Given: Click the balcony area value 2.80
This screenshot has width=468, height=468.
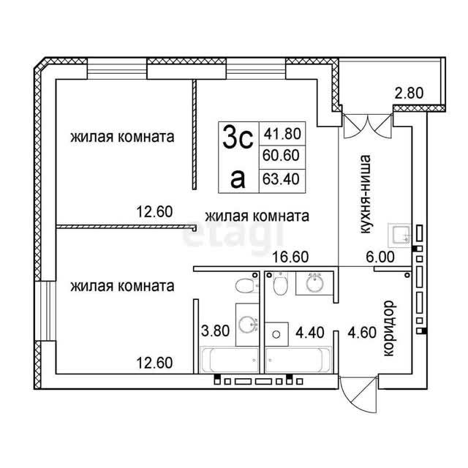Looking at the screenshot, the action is (409, 93).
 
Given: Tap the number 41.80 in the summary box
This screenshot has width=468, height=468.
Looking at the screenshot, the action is (282, 133).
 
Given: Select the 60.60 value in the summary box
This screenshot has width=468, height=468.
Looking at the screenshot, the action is (281, 155).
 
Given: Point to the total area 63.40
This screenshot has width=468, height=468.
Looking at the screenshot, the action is (281, 179).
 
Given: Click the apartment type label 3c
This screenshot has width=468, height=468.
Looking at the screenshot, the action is (238, 137).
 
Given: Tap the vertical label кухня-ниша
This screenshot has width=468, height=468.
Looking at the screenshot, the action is (366, 194).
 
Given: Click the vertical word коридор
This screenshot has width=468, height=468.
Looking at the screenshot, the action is (389, 328).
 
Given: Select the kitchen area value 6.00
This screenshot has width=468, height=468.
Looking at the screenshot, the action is (380, 257).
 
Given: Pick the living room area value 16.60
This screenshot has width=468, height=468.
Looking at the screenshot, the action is (290, 257).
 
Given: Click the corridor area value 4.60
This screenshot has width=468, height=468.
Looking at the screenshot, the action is (362, 332).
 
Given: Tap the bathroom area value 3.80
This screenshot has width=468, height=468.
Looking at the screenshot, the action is (215, 331).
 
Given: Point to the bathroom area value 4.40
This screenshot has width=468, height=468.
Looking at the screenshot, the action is (310, 332).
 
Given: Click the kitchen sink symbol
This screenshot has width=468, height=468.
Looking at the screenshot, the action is (399, 235).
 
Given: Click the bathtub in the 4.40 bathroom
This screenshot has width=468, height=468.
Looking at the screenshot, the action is (298, 359).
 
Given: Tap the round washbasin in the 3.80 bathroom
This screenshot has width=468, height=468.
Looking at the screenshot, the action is (247, 325).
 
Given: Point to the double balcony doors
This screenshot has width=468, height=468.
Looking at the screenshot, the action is (367, 126).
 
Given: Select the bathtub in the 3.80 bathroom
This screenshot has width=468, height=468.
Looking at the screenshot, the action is (229, 359).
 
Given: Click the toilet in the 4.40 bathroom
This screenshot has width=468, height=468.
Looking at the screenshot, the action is (279, 284).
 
